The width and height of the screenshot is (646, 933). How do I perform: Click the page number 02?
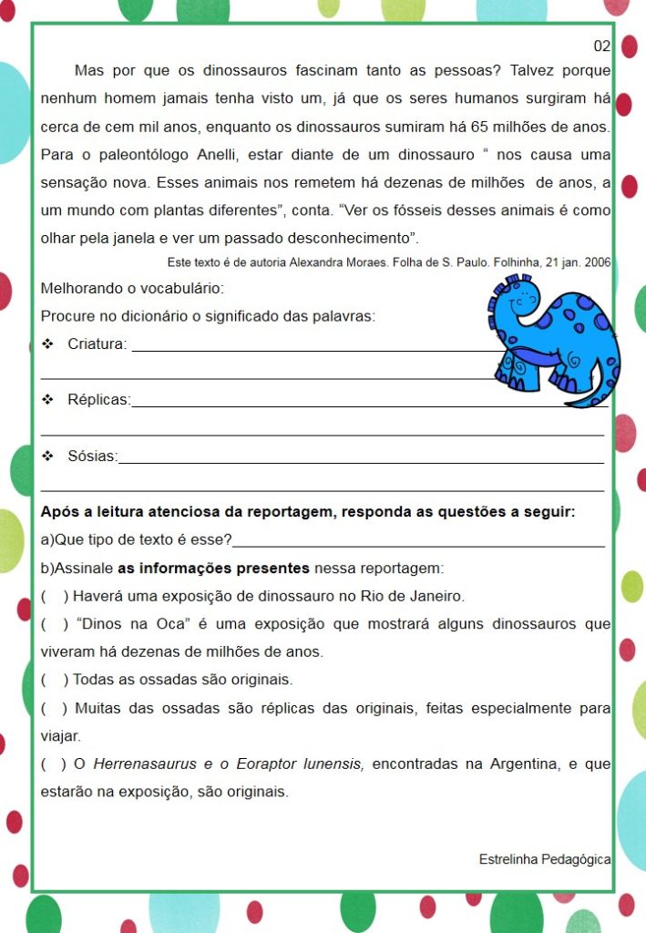(601, 46)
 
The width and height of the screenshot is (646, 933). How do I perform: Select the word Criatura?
(97, 344)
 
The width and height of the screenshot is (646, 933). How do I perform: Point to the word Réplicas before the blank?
(98, 400)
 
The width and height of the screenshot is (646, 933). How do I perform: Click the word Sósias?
(92, 456)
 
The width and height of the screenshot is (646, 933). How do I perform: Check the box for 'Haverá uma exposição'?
(55, 597)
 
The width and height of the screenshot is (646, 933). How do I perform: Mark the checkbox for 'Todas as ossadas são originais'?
(55, 680)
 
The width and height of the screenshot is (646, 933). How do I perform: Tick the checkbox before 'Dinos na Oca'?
(55, 625)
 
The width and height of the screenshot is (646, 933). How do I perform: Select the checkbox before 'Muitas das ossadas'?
(55, 708)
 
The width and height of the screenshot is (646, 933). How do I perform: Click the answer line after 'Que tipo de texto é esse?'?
(419, 541)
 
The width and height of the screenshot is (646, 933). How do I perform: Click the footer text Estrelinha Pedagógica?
(545, 859)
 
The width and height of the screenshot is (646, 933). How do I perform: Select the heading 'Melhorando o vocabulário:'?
(132, 289)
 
